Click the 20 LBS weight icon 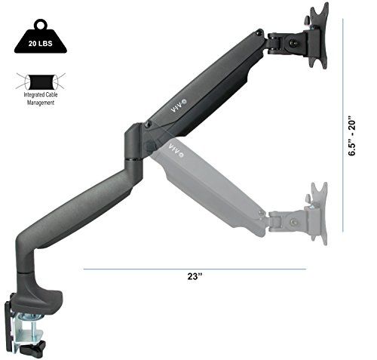(41, 38)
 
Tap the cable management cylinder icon (41, 82)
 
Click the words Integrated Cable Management (41, 99)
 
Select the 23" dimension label (195, 276)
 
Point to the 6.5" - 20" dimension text (352, 136)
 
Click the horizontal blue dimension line (195, 269)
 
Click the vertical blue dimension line (343, 125)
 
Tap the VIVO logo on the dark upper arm (179, 106)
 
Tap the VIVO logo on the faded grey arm (176, 150)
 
